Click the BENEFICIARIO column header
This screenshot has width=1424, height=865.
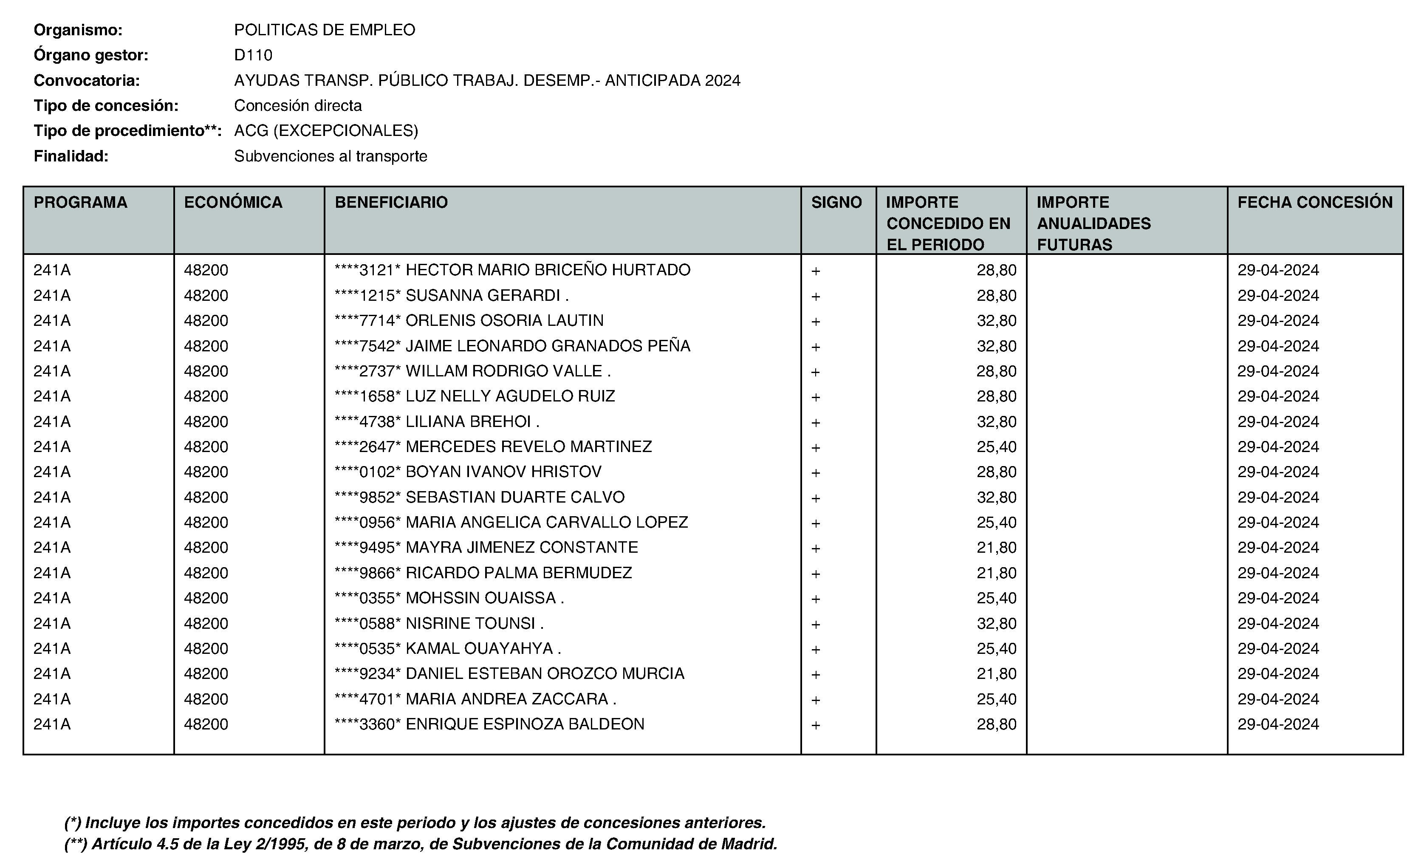tap(391, 202)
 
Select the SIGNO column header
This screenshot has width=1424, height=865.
tap(836, 202)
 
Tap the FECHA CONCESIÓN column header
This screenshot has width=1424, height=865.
tap(1315, 202)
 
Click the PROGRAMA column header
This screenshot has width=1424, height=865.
tap(80, 202)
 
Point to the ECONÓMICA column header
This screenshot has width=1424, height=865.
tap(233, 202)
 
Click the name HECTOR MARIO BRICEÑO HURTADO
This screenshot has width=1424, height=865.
tap(548, 270)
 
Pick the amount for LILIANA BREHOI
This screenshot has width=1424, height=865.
tap(996, 421)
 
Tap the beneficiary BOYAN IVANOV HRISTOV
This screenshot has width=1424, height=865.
tap(503, 472)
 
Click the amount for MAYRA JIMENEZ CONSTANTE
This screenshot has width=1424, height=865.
tap(996, 547)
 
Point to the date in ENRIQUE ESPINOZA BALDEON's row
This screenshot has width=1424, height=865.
tap(1278, 724)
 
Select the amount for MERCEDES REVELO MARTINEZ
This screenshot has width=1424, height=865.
tap(996, 447)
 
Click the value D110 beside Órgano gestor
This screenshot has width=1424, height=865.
tap(253, 55)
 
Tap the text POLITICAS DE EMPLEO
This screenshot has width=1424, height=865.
tap(324, 30)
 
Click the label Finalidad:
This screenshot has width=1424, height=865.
tap(71, 156)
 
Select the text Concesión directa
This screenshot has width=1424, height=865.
tap(298, 106)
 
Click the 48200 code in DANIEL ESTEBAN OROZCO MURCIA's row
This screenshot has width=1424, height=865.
tap(206, 674)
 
